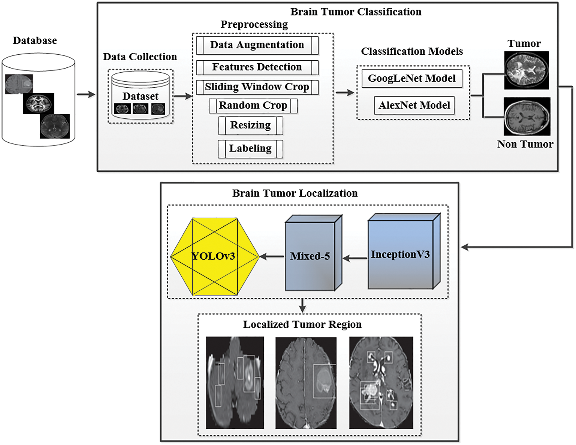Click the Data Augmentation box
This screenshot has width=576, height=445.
point(257,45)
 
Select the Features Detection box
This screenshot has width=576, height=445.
point(257,67)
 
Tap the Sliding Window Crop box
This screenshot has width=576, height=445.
point(257,87)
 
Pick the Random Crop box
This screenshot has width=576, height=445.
point(253,106)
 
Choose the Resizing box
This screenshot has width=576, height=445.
point(251,125)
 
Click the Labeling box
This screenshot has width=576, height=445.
point(250,149)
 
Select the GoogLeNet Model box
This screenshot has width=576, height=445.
point(412,78)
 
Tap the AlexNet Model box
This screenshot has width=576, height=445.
point(414,105)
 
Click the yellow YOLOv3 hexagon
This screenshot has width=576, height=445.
point(215,257)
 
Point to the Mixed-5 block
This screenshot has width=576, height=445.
point(314,253)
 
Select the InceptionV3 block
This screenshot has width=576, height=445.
point(404,251)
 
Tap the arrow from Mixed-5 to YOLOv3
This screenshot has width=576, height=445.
point(272,256)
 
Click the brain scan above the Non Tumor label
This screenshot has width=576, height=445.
point(527,116)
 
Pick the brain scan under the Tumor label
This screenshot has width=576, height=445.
point(526,70)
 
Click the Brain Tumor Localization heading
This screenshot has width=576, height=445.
point(295,193)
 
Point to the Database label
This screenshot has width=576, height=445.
point(35,41)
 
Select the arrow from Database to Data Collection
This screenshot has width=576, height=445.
point(86,94)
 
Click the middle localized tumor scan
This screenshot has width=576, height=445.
point(306,383)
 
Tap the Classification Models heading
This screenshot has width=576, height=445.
point(412,51)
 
